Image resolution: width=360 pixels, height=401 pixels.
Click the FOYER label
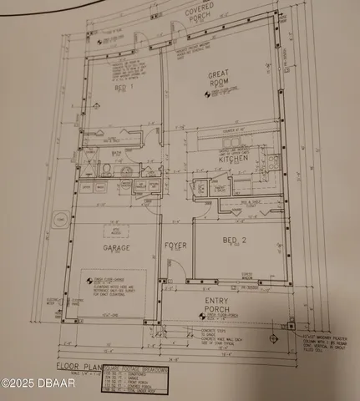[175, 247]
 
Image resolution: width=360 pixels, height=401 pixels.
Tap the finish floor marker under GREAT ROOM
[218, 104]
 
